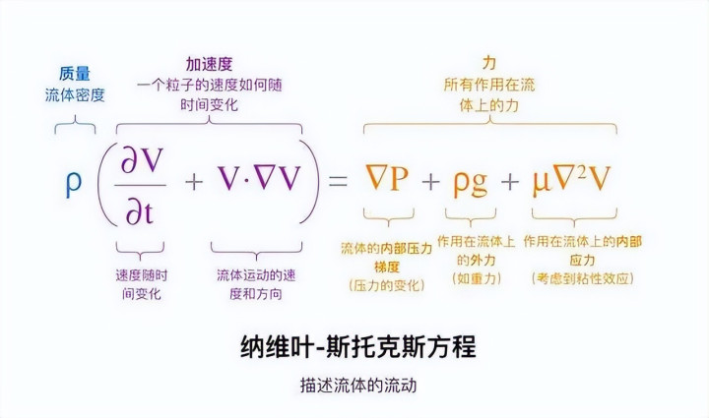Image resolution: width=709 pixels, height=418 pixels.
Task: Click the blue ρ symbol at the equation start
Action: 74,184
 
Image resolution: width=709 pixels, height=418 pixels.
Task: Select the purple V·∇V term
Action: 259,181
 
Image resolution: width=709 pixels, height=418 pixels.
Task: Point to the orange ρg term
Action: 471,182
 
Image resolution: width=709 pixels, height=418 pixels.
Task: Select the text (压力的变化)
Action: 385,285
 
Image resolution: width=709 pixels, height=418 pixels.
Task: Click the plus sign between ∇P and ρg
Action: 429,182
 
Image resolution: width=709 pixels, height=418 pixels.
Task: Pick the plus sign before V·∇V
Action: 194,182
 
